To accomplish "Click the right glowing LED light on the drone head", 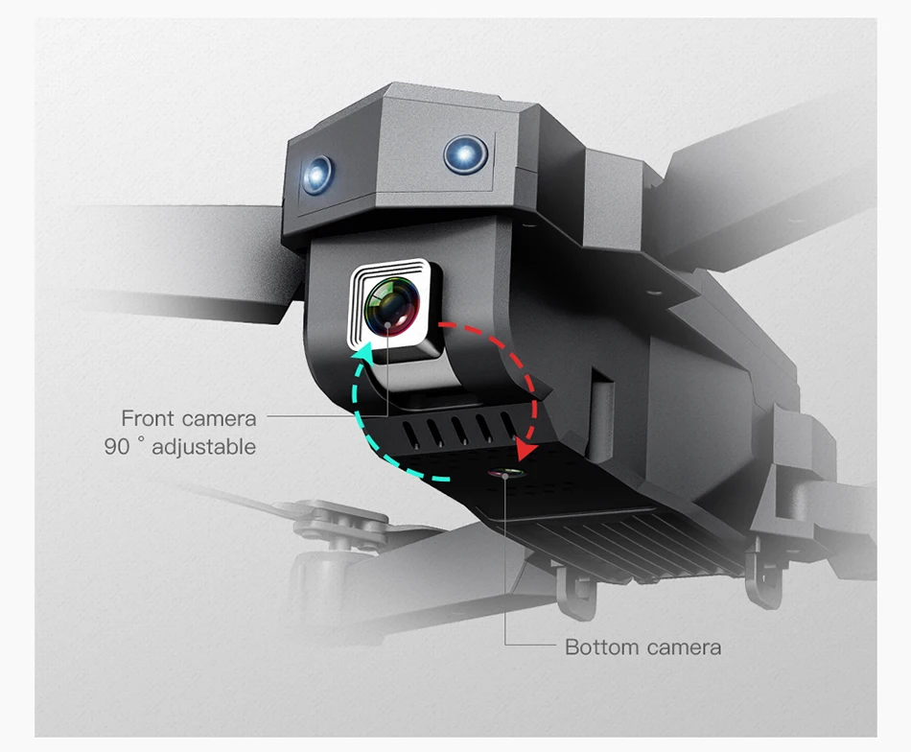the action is point(465,153).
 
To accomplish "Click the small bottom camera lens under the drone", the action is point(504,474).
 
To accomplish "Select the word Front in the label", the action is point(148,418).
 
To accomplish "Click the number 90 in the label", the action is point(117,447).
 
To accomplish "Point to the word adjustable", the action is point(203,447).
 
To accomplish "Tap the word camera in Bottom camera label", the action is point(682,647).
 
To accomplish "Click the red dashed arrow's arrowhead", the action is point(525,449).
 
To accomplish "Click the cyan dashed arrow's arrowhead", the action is point(365,358).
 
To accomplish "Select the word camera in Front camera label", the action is point(220,418).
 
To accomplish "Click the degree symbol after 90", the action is point(141,442).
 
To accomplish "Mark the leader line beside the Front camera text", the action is point(307,417).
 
